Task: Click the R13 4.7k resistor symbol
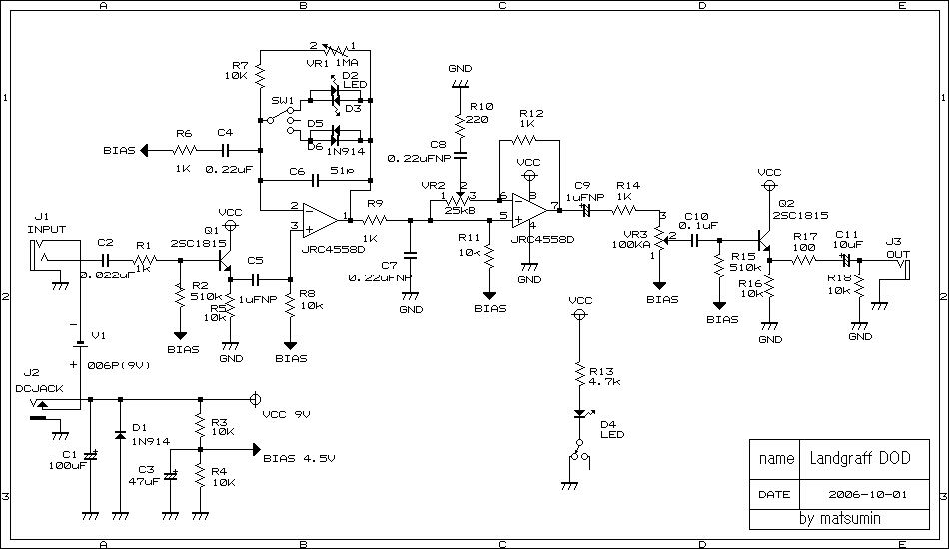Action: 578,375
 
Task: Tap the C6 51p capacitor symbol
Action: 315,181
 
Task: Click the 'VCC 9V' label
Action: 286,413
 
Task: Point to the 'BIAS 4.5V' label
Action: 297,459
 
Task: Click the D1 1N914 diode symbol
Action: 120,436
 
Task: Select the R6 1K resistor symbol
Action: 184,150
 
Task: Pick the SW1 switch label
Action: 283,101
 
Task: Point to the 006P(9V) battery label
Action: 118,364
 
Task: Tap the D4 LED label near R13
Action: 610,428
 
